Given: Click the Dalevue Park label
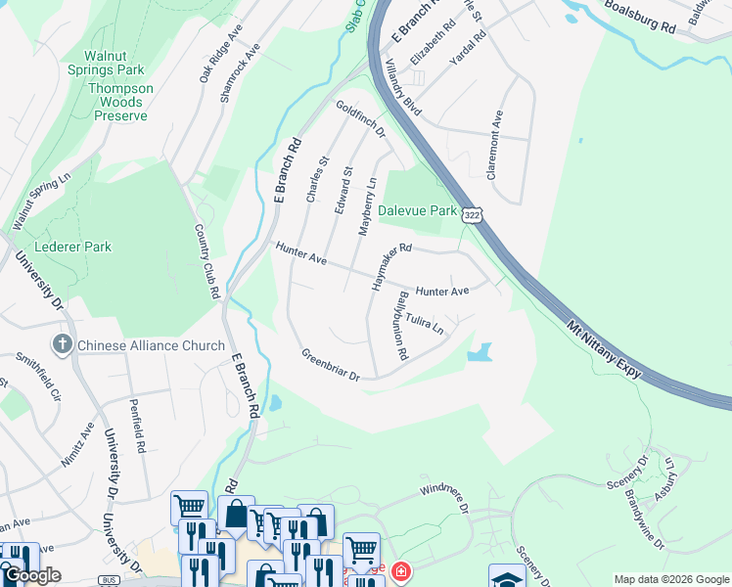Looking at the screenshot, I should coord(418,210).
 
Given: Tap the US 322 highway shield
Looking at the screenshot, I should coord(474,215).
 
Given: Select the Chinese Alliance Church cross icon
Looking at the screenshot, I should coord(62,344).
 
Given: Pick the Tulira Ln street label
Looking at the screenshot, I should coord(425,323).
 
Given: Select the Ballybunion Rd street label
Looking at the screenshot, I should coord(401,326).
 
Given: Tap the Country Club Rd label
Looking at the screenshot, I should coord(206,261).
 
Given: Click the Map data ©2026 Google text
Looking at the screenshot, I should coord(671,579).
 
